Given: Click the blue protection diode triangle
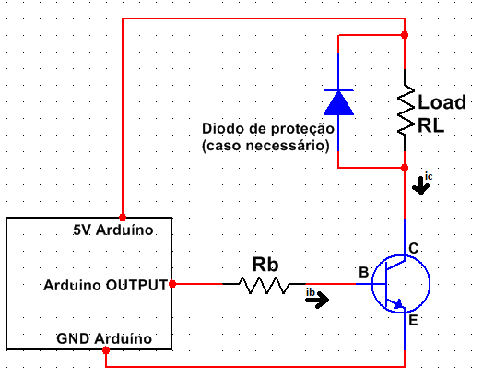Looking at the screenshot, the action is coord(338,103).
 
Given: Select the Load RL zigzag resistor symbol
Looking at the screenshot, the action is coord(406,110).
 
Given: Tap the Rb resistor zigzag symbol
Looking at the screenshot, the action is coord(264,285).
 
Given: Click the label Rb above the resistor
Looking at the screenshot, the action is coord(265,265).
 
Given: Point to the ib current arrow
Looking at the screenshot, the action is coord(317,300).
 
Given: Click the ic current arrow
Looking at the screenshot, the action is coord(420,185).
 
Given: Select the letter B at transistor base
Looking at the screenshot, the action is coord(364,272).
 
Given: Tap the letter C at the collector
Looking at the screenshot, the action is coord(413,248).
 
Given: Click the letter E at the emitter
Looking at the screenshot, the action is coord(413,321).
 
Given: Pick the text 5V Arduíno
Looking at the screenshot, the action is coord(113,230).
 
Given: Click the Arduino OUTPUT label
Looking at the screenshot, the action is coord(106,285).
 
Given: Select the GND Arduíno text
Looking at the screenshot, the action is coord(104,338).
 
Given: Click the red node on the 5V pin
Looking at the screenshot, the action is coord(123,218).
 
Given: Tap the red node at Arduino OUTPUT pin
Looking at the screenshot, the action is coord(172,284).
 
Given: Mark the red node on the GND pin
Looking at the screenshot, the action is coord(106,350).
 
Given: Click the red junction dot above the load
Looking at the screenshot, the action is coord(405,35).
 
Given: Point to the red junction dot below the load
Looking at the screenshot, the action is coord(405,168).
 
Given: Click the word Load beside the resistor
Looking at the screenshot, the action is coord(442,102).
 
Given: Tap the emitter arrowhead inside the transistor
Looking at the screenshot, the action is coord(399,304).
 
